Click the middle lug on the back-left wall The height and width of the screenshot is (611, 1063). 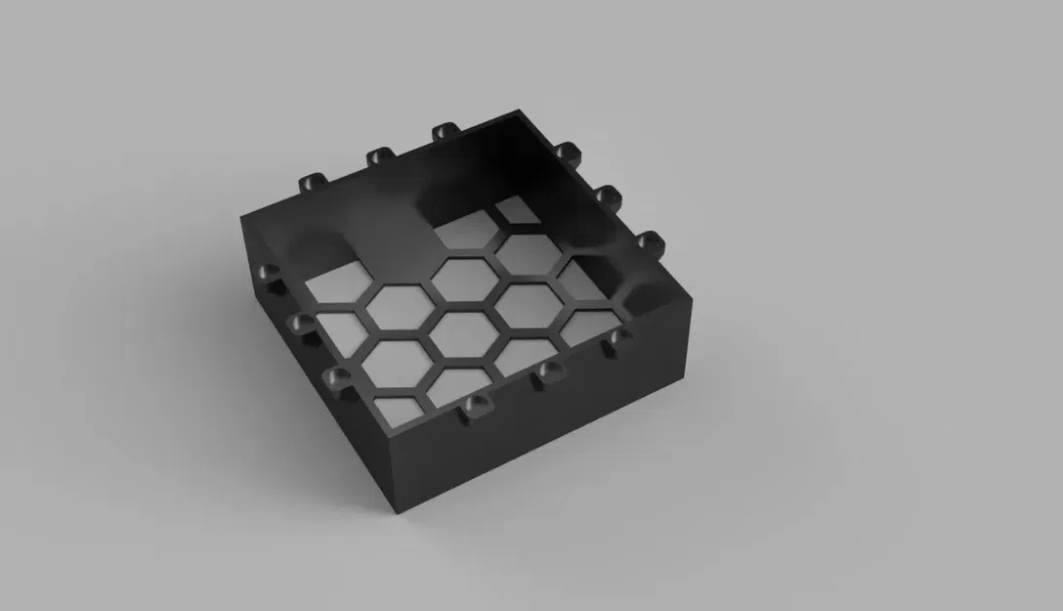pyautogui.click(x=379, y=155)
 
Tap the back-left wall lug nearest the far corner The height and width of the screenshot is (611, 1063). pyautogui.click(x=445, y=131)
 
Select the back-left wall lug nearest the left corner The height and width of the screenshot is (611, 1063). pyautogui.click(x=312, y=182)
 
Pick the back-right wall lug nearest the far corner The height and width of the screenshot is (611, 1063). pyautogui.click(x=567, y=153)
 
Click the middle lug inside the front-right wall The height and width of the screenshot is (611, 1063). pyautogui.click(x=550, y=371)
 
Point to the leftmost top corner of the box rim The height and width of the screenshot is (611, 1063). pyautogui.click(x=241, y=212)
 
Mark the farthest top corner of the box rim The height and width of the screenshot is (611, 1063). pyautogui.click(x=526, y=108)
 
